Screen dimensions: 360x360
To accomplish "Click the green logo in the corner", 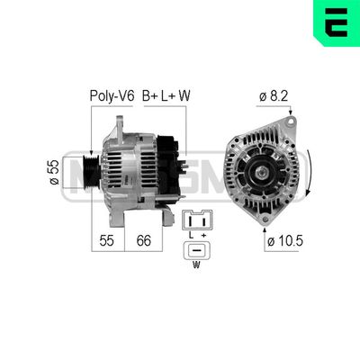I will (334, 24).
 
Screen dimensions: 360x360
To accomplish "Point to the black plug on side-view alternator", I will (167, 162).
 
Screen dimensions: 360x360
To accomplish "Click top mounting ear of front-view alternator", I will (290, 123).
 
